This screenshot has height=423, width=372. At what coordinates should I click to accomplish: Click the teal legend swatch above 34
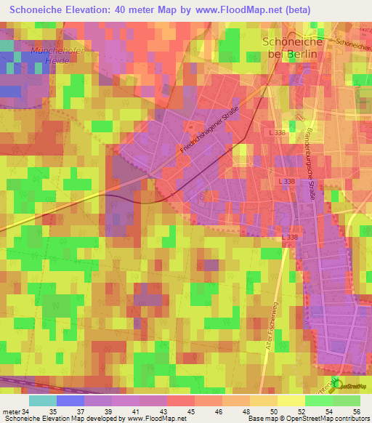(43, 400)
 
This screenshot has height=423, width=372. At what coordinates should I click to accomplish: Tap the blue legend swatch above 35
(70, 400)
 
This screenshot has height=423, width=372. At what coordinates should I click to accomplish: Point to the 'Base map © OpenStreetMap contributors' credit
(310, 418)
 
